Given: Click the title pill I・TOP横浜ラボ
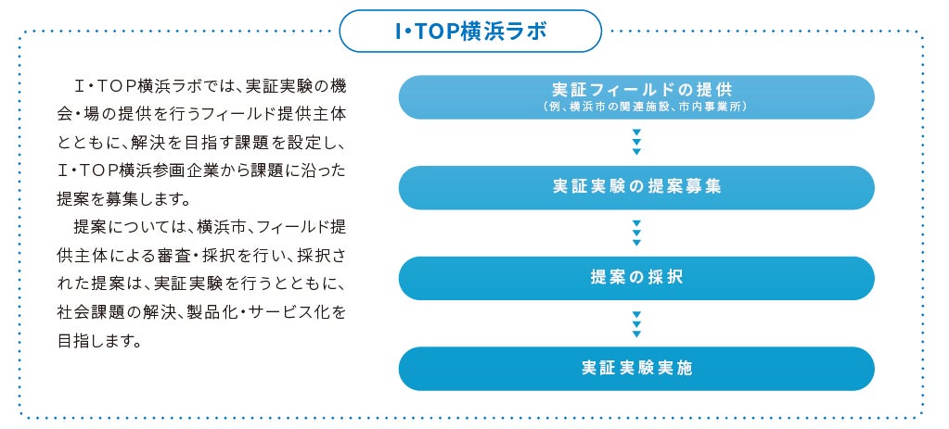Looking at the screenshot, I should click(x=470, y=32).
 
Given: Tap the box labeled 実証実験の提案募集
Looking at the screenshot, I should click(x=636, y=186).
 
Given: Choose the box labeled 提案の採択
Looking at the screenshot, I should click(x=636, y=277).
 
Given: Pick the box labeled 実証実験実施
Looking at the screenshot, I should click(x=636, y=368).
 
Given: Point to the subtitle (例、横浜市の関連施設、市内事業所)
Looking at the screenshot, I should click(x=636, y=107).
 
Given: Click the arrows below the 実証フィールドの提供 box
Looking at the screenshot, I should click(x=636, y=142).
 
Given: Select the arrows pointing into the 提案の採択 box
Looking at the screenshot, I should click(x=636, y=232).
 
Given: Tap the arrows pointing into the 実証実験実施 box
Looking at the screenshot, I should click(x=636, y=322).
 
